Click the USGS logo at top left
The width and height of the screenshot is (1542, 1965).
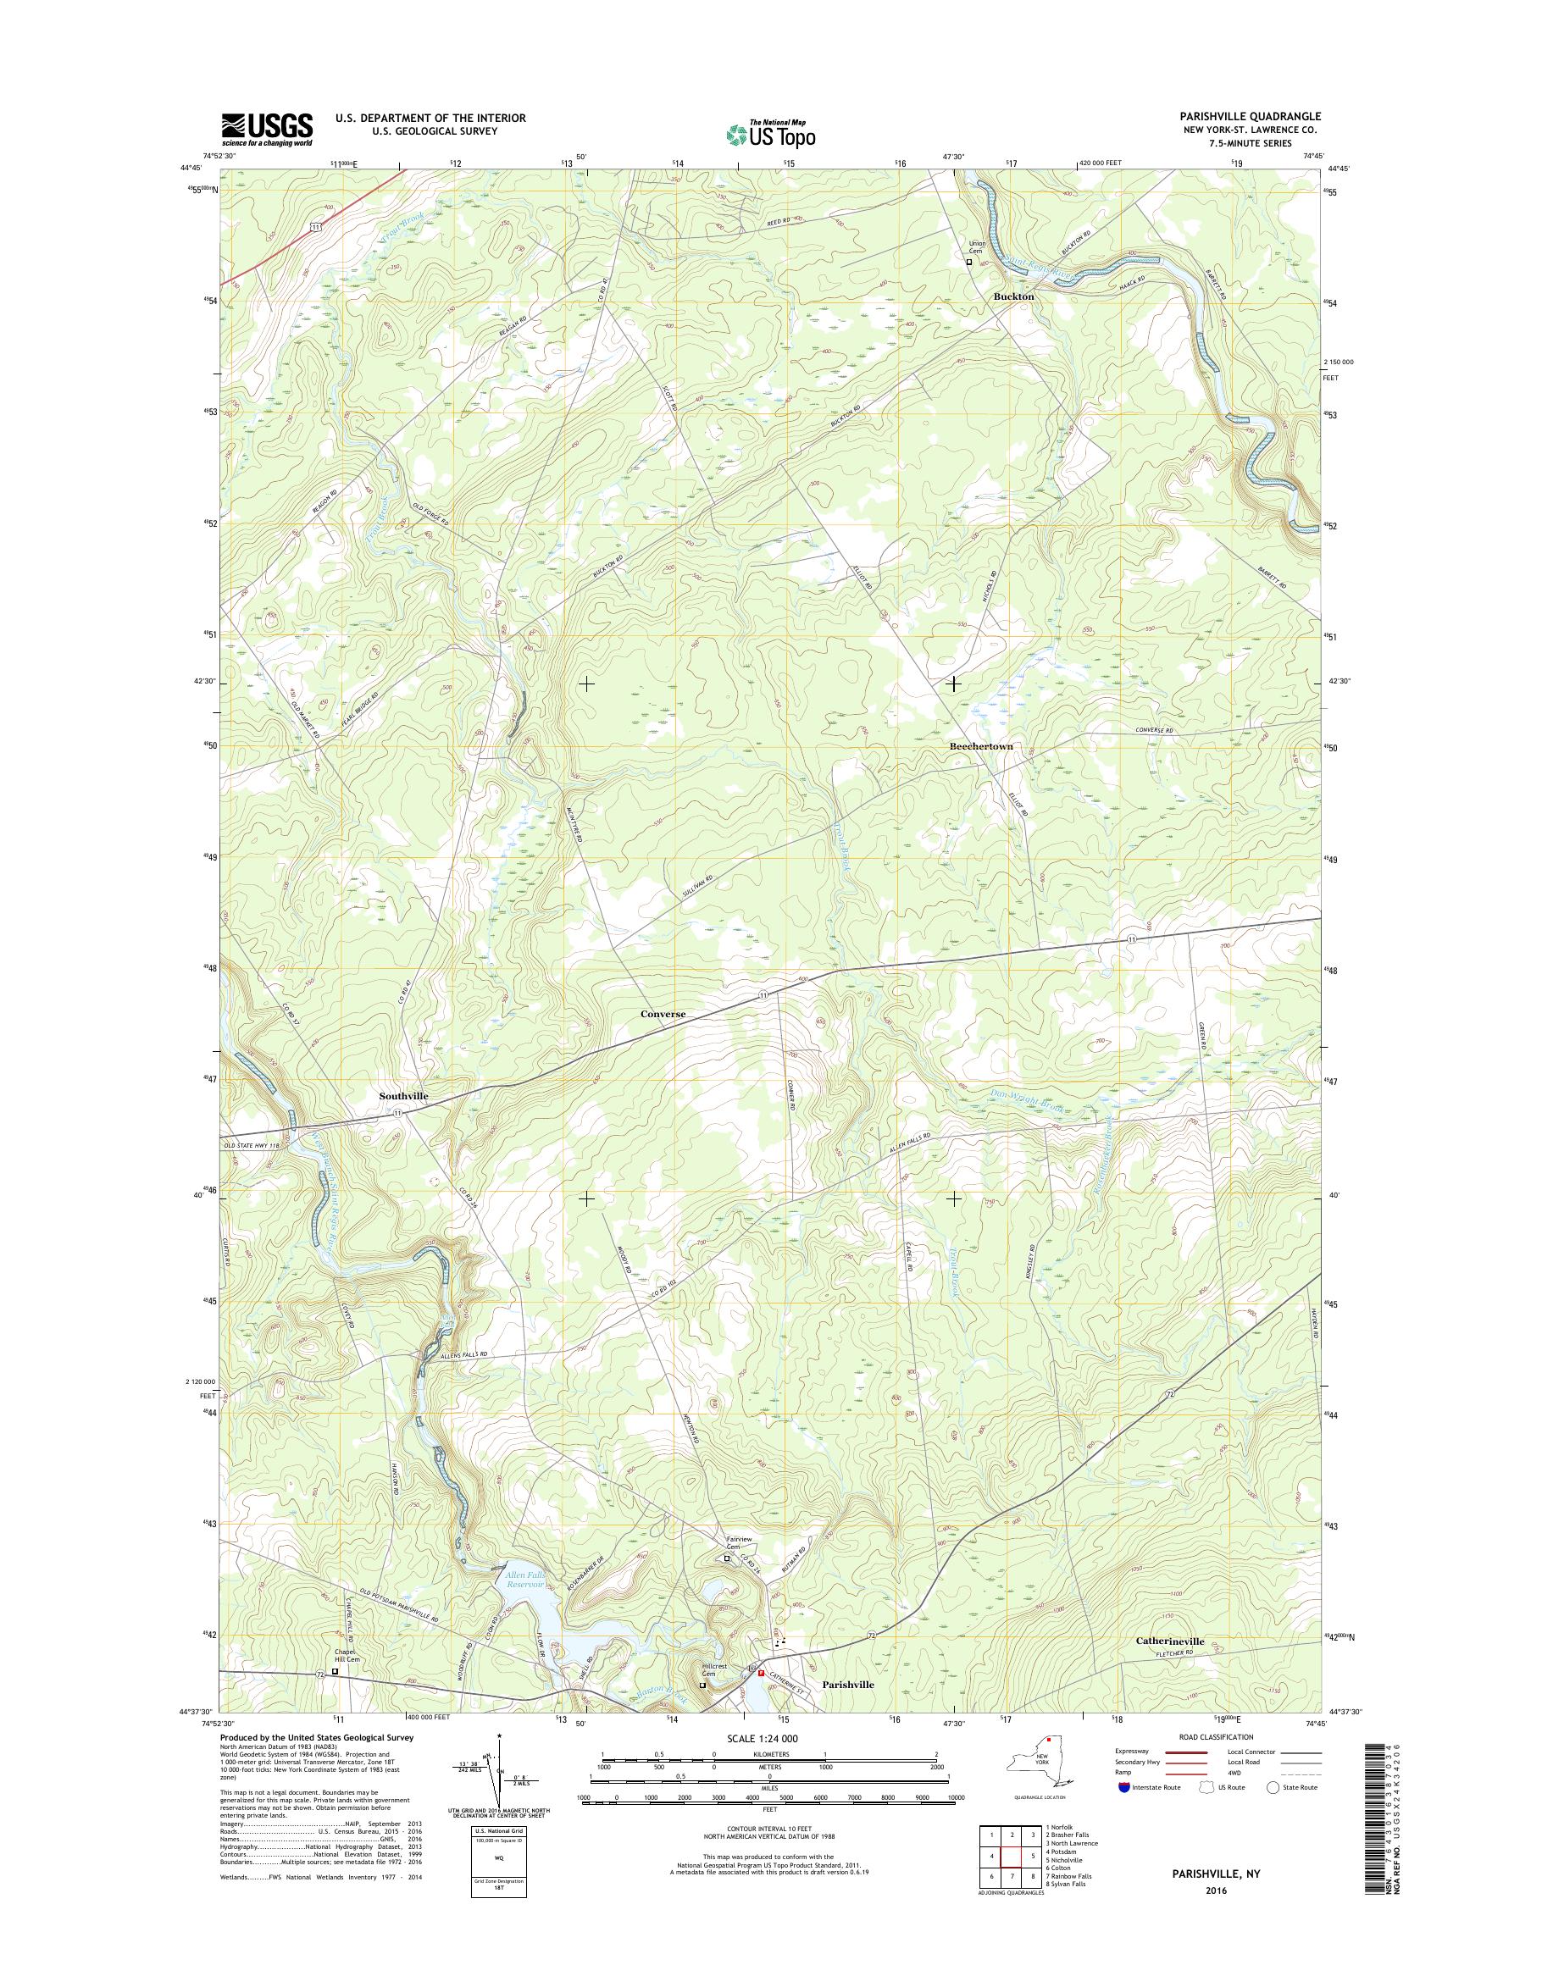pyautogui.click(x=267, y=129)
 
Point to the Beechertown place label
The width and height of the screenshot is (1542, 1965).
pyautogui.click(x=980, y=746)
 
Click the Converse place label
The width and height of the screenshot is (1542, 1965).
pyautogui.click(x=663, y=1014)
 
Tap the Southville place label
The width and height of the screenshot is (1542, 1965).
pyautogui.click(x=402, y=1095)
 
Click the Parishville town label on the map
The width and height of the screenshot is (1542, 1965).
pyautogui.click(x=848, y=1684)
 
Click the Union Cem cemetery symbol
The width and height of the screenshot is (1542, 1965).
pyautogui.click(x=970, y=263)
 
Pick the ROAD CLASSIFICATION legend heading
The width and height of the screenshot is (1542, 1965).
pyautogui.click(x=1215, y=1736)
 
